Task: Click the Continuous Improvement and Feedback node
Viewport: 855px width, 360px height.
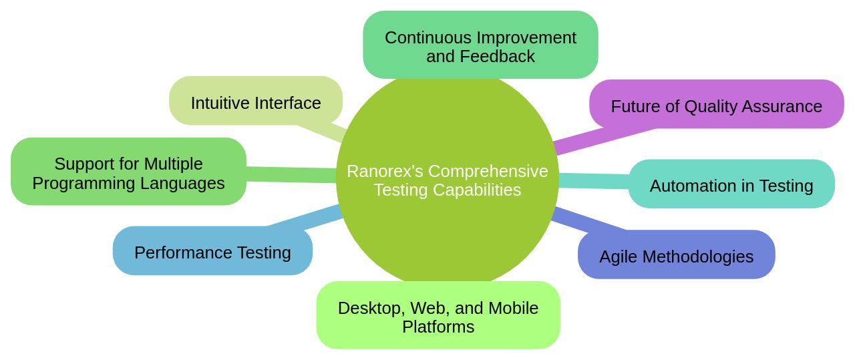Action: point(480,45)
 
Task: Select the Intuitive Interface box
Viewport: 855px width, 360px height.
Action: point(256,101)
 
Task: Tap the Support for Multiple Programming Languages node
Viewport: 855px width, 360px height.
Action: point(128,172)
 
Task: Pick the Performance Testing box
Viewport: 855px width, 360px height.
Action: point(212,252)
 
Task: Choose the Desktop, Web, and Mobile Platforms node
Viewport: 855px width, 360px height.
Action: point(438,316)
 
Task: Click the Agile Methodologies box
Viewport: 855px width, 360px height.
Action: point(676,256)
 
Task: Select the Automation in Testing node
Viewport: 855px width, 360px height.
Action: point(731,185)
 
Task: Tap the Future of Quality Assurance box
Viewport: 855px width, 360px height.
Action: point(716,105)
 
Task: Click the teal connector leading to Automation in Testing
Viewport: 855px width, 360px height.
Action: point(593,180)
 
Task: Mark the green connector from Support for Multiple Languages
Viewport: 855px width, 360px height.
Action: point(291,174)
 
